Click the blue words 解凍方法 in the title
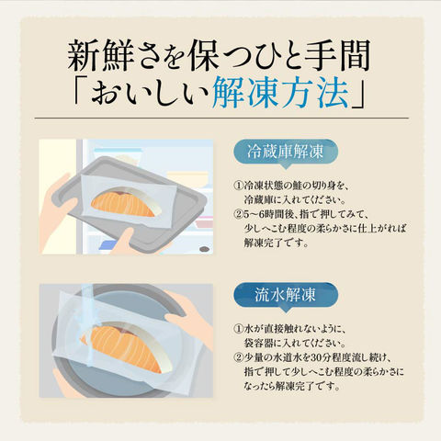(x=280, y=93)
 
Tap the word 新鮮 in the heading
(x=99, y=55)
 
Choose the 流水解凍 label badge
(x=286, y=296)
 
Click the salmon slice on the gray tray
(x=126, y=202)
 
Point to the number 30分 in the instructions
(x=314, y=357)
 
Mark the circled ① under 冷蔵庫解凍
(x=238, y=186)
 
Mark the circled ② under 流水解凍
(x=238, y=357)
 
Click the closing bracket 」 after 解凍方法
(x=357, y=93)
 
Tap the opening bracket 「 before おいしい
(x=81, y=93)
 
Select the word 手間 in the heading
(x=337, y=55)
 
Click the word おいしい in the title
(x=150, y=93)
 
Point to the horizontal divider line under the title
(x=221, y=118)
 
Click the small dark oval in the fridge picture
(x=204, y=249)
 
